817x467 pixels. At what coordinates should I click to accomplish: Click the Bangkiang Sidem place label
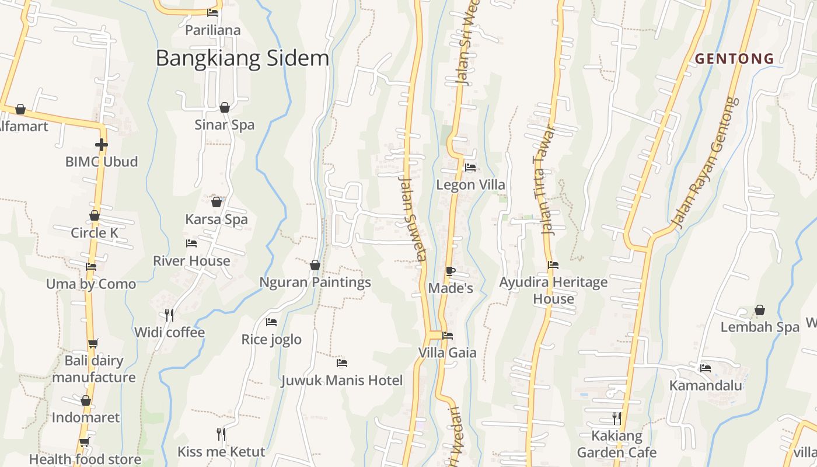click(x=242, y=58)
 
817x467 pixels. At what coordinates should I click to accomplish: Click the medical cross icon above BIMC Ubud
click(x=102, y=144)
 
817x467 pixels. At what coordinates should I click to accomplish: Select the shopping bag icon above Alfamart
click(x=20, y=109)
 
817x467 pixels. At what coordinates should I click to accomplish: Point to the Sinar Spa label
click(x=224, y=124)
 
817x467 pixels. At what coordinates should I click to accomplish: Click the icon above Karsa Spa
click(x=217, y=202)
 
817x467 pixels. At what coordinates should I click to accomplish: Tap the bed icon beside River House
click(x=191, y=243)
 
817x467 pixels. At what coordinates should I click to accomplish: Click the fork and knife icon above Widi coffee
click(x=169, y=315)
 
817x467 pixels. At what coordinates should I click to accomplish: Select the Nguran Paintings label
click(x=315, y=282)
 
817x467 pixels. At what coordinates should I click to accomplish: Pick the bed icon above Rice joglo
click(x=271, y=322)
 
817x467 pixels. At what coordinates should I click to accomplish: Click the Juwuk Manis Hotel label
click(x=341, y=381)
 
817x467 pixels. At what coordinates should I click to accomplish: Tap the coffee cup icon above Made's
click(x=450, y=271)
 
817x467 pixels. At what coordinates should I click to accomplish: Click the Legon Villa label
click(x=471, y=184)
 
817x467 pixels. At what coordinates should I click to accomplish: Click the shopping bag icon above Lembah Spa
click(x=760, y=310)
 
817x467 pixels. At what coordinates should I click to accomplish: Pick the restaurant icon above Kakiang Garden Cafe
click(x=616, y=419)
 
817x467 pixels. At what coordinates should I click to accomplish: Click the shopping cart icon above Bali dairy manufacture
click(x=93, y=343)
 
